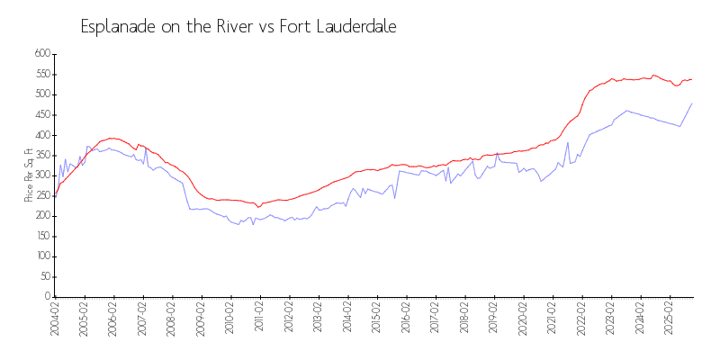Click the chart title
238,27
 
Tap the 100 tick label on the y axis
41,256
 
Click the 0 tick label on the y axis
45,297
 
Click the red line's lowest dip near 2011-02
258,207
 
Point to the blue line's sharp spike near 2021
568,142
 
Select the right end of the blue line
692,103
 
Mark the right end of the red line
692,79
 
